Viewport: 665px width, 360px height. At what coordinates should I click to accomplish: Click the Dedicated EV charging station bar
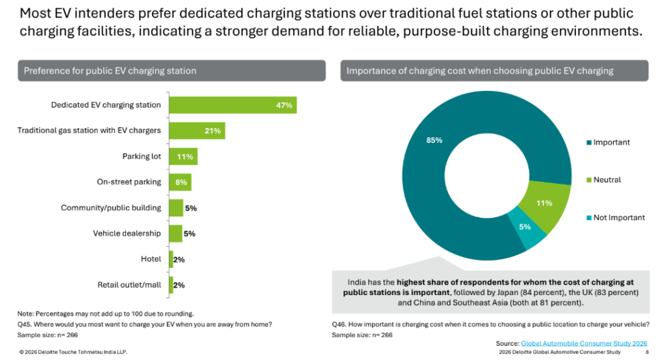[232, 105]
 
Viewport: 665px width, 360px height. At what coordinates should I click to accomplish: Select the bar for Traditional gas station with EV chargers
[197, 131]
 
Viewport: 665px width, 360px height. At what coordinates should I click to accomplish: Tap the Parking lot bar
[183, 157]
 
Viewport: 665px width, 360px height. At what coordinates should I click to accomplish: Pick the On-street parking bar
[180, 182]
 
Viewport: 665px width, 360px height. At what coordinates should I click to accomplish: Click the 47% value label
[284, 105]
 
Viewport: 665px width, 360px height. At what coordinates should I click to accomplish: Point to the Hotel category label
[151, 259]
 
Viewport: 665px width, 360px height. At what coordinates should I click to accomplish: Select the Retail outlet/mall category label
[129, 285]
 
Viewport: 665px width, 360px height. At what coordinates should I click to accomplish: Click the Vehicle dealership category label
[127, 233]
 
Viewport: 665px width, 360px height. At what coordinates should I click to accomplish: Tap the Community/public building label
[111, 208]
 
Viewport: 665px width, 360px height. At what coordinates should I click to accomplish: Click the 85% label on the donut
[434, 140]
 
